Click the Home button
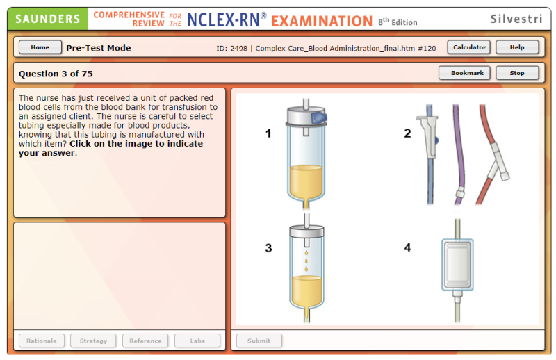point(40,47)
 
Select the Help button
point(517,47)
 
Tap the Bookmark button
point(464,73)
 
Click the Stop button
point(517,73)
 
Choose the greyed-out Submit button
point(259,341)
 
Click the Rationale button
point(42,341)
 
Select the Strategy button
point(93,341)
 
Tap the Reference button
point(145,341)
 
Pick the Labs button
point(197,341)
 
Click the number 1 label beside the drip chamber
point(268,133)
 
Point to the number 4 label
point(408,247)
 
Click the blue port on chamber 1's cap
point(319,117)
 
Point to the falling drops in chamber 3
point(306,261)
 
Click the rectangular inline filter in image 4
point(457,265)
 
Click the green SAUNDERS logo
point(48,19)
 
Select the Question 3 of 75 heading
point(56,74)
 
